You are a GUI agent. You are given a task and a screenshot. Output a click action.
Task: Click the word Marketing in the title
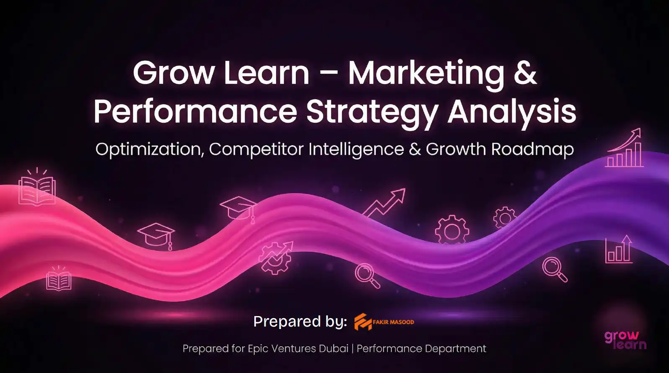click(426, 73)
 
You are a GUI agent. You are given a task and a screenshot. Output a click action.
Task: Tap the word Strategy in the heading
click(372, 112)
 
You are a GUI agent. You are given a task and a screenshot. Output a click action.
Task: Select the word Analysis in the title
click(511, 112)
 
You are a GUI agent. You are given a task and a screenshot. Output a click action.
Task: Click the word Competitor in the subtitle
click(256, 149)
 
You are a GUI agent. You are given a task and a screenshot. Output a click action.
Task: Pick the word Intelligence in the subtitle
click(356, 149)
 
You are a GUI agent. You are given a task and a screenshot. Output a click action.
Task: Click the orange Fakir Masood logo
click(384, 322)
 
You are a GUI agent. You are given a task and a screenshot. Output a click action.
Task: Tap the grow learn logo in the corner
click(625, 340)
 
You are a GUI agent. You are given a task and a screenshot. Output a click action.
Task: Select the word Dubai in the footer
click(333, 349)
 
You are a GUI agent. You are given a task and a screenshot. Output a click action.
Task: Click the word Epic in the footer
click(258, 349)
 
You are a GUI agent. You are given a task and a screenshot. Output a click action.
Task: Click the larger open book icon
click(37, 190)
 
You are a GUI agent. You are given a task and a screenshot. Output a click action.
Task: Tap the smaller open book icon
click(59, 279)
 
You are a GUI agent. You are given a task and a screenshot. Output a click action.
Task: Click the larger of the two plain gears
click(452, 230)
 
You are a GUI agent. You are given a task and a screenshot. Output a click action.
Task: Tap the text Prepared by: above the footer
click(300, 322)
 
